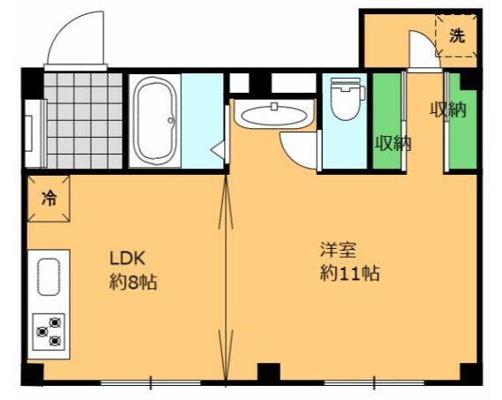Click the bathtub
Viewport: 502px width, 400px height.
[x=155, y=121]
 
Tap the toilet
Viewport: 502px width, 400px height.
[x=347, y=99]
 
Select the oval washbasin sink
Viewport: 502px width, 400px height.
[x=273, y=115]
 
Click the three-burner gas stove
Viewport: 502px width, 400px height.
[x=49, y=331]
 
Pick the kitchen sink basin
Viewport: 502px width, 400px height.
[x=49, y=277]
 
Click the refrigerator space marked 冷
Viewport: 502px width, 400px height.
[x=49, y=198]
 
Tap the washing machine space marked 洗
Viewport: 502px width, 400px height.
[x=456, y=36]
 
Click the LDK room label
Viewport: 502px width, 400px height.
[x=127, y=259]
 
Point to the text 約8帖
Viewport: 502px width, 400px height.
[x=133, y=283]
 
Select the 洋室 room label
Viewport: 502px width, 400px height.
[x=338, y=250]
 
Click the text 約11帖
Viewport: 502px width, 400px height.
[x=349, y=274]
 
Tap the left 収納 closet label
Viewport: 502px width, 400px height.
[x=393, y=143]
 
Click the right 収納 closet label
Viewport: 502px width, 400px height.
[x=448, y=109]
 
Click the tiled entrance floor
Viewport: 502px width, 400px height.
[x=83, y=120]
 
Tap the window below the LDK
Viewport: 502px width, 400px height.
[x=151, y=382]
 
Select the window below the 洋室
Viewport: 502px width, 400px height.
[x=374, y=382]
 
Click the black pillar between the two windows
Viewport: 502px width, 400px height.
[x=268, y=372]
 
